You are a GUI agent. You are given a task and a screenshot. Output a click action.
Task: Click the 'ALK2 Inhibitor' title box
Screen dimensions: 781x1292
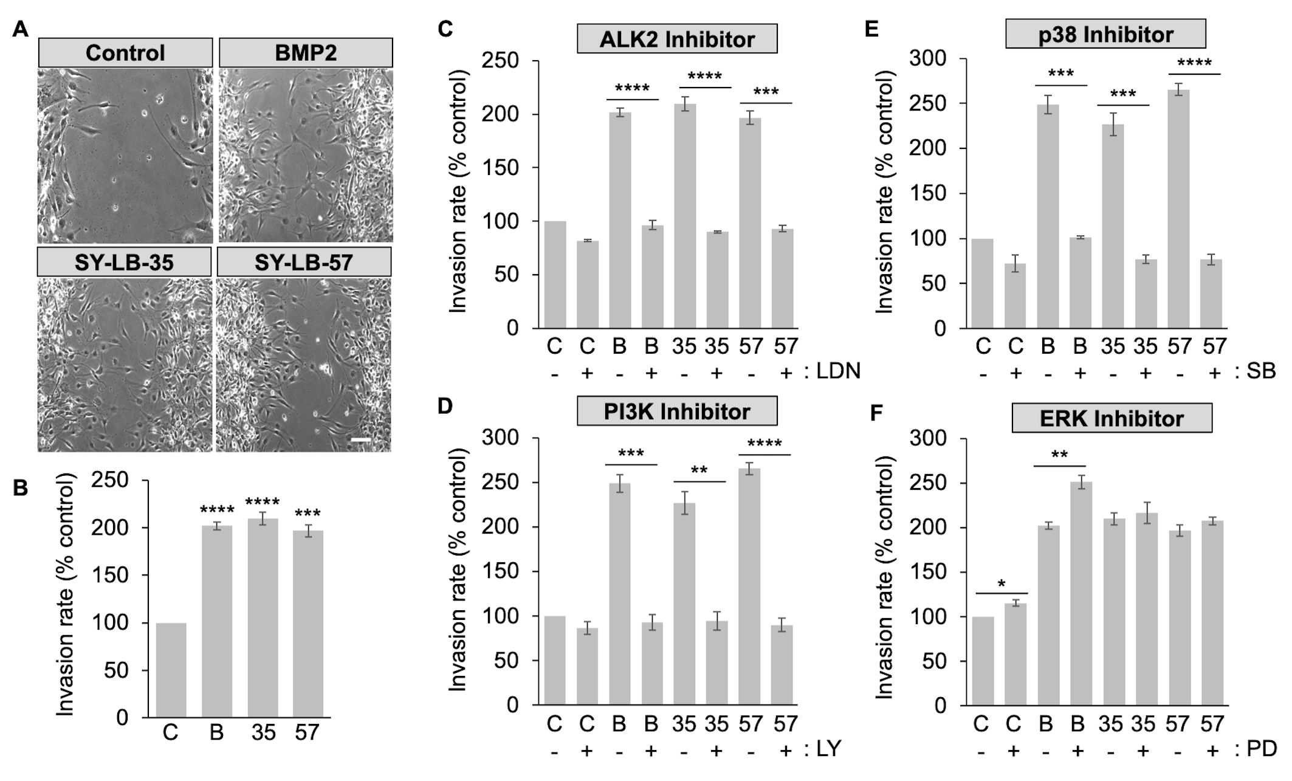click(676, 40)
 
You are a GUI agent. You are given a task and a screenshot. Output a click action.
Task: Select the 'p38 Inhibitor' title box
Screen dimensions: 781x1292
click(1105, 34)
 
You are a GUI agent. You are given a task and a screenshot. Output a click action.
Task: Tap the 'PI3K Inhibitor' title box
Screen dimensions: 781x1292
click(676, 411)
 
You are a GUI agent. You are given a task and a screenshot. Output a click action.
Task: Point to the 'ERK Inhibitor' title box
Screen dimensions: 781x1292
click(1112, 418)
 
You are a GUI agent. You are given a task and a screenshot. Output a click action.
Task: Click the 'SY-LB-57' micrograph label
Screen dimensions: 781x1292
click(304, 262)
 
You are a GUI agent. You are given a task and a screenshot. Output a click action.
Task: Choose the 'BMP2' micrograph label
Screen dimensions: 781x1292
click(306, 53)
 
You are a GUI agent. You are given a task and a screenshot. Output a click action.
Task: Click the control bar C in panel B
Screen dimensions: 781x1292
click(171, 670)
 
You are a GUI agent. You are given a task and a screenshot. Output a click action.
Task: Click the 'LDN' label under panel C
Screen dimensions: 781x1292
click(838, 371)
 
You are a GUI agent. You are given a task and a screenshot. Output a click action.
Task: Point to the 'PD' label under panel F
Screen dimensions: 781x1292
click(1261, 749)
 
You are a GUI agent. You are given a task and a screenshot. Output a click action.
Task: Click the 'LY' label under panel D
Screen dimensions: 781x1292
click(827, 749)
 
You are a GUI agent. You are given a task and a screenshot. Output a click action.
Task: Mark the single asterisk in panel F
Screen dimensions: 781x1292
click(1002, 585)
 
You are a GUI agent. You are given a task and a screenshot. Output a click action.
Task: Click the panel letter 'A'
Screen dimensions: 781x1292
click(20, 29)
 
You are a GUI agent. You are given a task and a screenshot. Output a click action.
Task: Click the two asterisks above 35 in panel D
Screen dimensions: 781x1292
click(699, 470)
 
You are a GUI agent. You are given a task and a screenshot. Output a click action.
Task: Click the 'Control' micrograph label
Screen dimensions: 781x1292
click(125, 53)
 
